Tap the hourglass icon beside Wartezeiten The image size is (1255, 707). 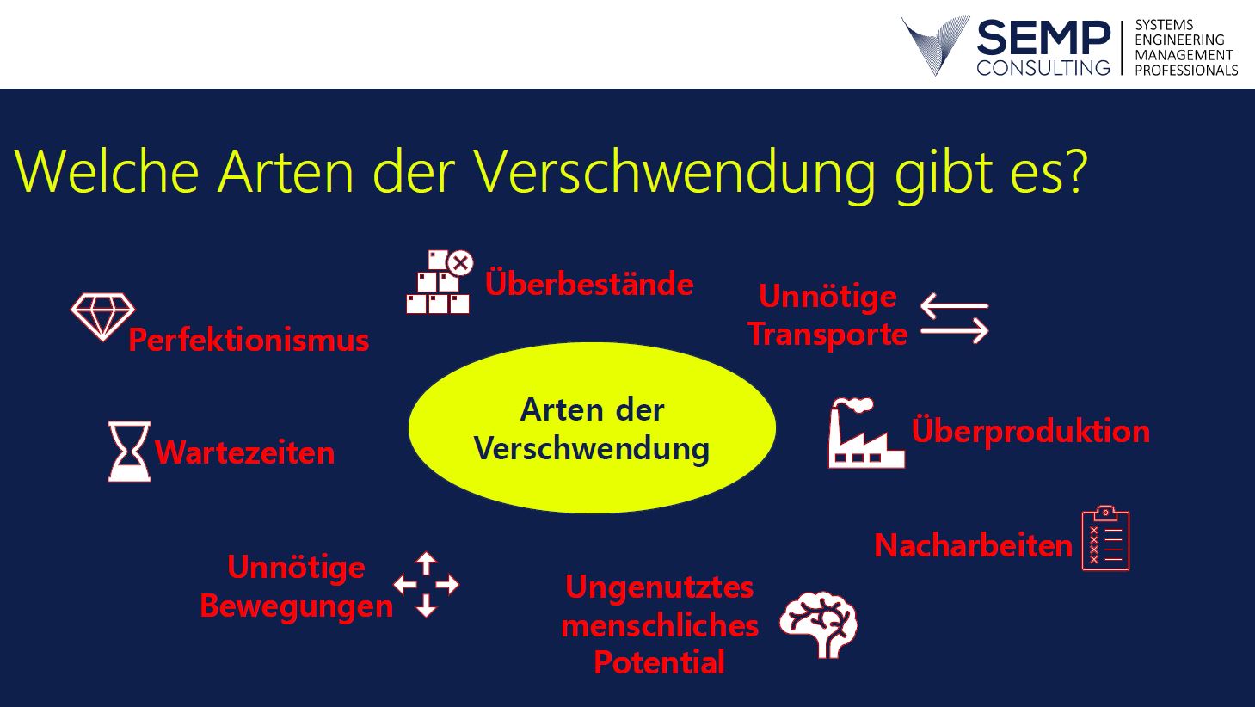[129, 452]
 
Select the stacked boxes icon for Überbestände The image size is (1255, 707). [440, 282]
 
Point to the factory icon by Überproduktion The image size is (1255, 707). [865, 433]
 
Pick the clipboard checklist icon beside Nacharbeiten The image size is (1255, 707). [1105, 538]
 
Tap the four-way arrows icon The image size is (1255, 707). [427, 585]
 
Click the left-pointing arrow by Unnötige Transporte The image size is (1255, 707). [954, 306]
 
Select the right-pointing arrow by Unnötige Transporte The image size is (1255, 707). [955, 330]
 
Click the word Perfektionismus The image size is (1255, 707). [249, 340]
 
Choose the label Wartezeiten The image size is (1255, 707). [245, 452]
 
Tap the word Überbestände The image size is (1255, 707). [589, 283]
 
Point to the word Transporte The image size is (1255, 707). [827, 335]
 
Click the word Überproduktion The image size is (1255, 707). [1030, 431]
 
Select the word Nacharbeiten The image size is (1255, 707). [973, 545]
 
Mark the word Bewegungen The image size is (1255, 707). [297, 606]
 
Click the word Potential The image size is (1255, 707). [660, 662]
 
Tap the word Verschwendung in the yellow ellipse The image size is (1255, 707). [592, 449]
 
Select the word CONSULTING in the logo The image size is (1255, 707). [1043, 67]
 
